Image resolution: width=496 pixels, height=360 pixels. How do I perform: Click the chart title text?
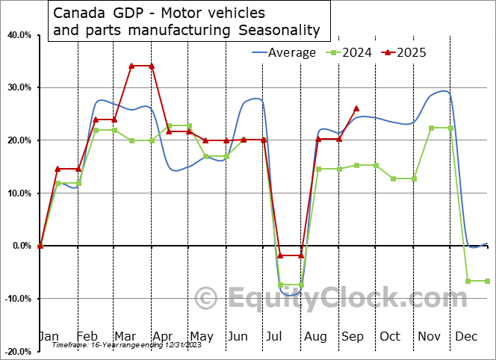click(186, 22)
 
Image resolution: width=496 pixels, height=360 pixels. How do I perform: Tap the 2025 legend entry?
click(407, 52)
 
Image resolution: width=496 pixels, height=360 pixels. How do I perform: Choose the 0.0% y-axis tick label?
click(20, 246)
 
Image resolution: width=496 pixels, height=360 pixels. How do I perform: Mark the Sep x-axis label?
click(352, 337)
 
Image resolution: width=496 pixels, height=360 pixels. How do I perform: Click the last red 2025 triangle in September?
click(356, 108)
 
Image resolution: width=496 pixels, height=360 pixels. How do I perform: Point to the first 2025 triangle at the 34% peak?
click(132, 66)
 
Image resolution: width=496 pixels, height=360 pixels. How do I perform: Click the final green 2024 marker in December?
click(488, 281)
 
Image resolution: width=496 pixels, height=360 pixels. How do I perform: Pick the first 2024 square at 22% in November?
click(432, 128)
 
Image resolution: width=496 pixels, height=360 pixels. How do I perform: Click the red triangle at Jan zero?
click(40, 245)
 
